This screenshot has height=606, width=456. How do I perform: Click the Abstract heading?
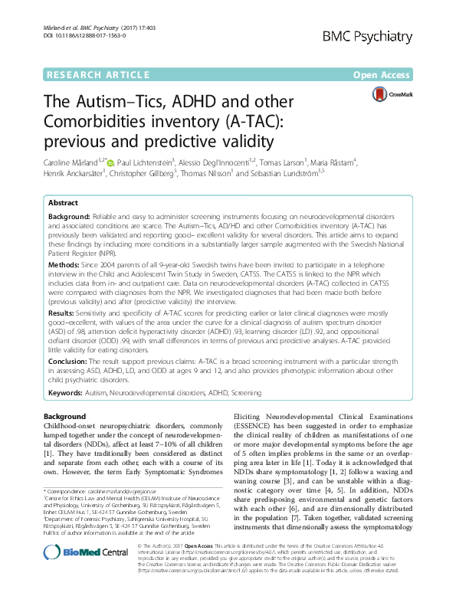pos(63,205)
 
